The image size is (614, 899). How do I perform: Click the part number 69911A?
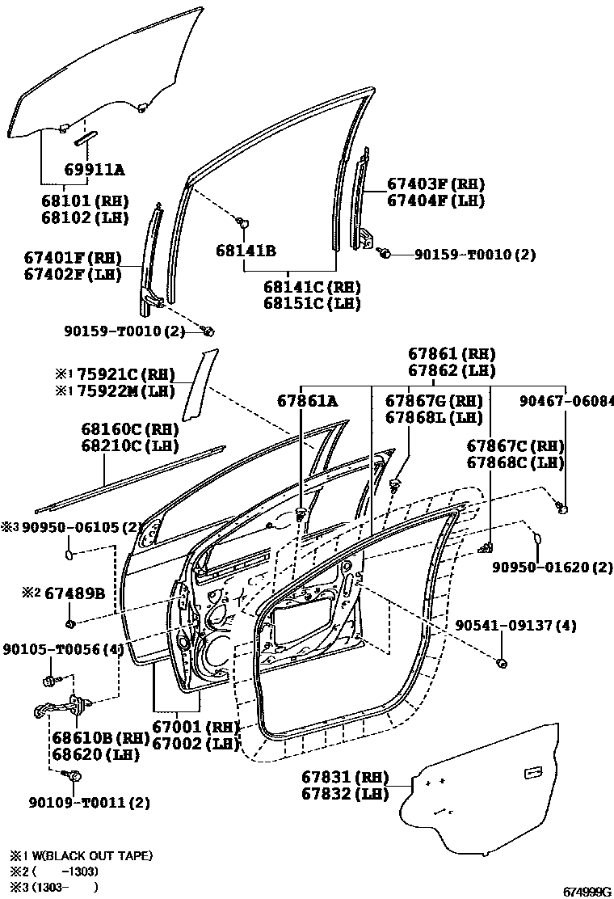(95, 170)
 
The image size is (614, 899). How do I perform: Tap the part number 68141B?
(246, 251)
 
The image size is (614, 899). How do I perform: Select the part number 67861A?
(307, 400)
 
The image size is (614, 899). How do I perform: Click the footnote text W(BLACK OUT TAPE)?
(90, 855)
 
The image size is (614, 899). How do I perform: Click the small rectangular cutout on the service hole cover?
(533, 774)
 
